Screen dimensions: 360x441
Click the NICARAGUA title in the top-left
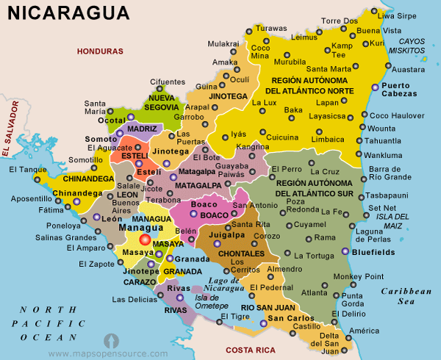(x=65, y=13)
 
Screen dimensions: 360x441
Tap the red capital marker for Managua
(x=144, y=240)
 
